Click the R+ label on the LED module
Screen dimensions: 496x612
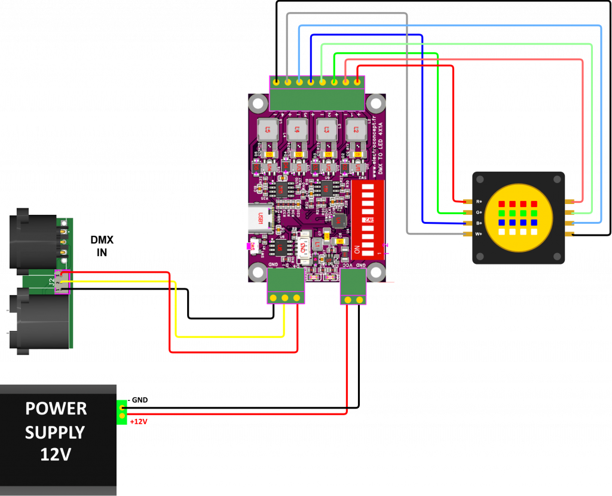tap(479, 202)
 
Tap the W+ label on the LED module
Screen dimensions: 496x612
tap(479, 234)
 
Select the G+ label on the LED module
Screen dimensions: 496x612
tap(479, 212)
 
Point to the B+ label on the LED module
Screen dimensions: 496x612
tap(479, 223)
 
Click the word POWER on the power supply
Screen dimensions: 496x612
tap(56, 409)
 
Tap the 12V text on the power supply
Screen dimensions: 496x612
tap(56, 454)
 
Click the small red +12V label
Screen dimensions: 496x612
tap(139, 422)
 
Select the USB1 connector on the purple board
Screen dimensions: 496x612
tap(261, 218)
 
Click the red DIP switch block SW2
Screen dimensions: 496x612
tap(368, 218)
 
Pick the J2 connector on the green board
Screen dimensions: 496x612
tap(60, 281)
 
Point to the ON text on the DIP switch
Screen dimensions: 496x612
tap(357, 248)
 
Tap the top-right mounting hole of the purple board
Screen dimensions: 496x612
tap(375, 103)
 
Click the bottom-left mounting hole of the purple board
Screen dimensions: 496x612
tap(258, 273)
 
